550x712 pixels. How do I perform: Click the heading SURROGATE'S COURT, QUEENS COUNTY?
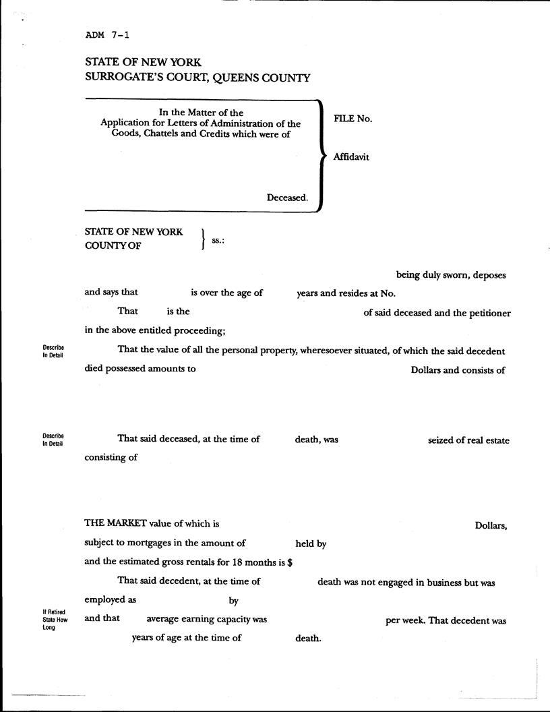[x=197, y=78]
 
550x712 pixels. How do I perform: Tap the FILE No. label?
[x=353, y=119]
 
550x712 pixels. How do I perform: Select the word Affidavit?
[x=351, y=157]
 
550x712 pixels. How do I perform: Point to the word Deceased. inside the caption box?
[x=287, y=198]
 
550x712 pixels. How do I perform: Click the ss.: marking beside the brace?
[x=218, y=239]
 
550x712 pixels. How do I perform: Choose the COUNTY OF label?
[x=113, y=246]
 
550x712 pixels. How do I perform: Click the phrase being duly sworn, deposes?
[x=450, y=275]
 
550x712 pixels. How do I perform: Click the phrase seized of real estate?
[x=468, y=440]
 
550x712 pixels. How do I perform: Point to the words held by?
[x=311, y=543]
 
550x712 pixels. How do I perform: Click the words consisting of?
[x=111, y=457]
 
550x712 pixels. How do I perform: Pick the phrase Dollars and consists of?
[x=458, y=369]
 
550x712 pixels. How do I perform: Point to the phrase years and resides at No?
[x=346, y=293]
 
